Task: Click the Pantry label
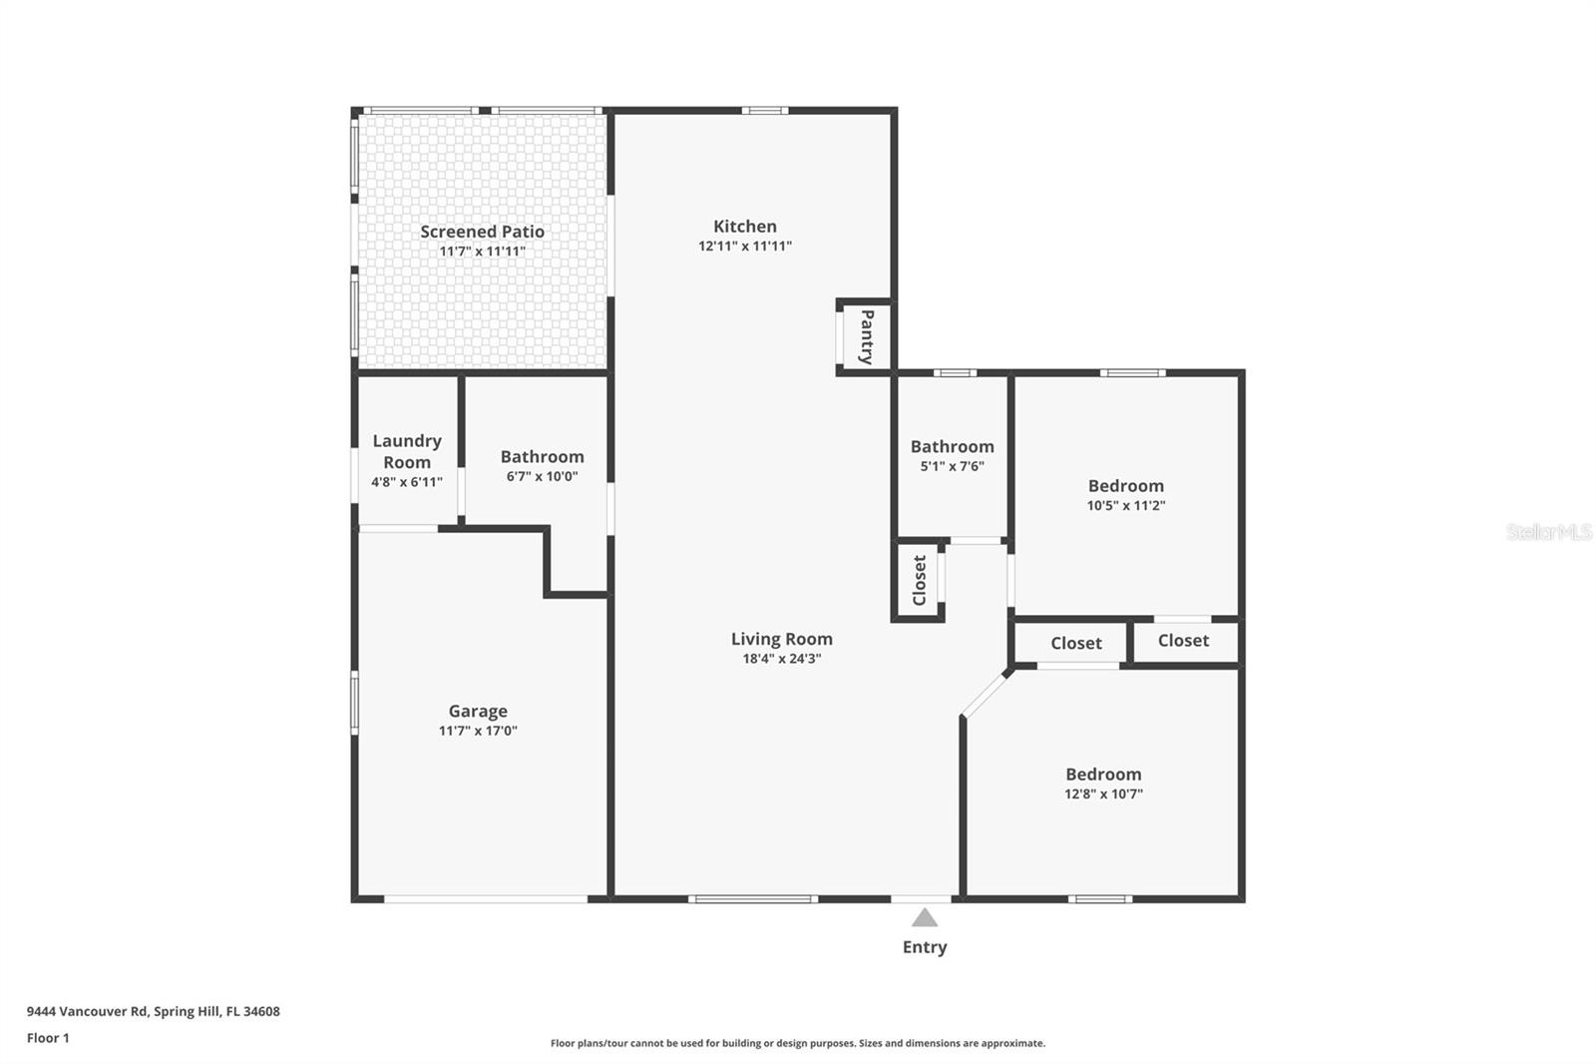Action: tap(866, 336)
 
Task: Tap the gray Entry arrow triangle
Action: tap(925, 917)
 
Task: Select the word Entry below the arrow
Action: tap(925, 947)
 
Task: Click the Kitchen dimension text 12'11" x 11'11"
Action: tap(745, 246)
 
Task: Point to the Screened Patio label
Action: tap(482, 232)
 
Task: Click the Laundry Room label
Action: tap(407, 451)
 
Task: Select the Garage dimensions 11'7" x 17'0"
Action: tap(478, 731)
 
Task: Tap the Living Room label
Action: tap(781, 639)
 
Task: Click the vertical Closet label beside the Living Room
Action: tap(920, 580)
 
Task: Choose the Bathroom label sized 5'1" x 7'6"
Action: tap(952, 446)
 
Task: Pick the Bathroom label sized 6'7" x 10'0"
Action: tap(542, 456)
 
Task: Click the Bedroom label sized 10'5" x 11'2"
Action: tap(1125, 486)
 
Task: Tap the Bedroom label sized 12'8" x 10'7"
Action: tap(1103, 775)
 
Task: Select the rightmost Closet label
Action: tap(1183, 641)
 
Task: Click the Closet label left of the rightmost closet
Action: tap(1075, 644)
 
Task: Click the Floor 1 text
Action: tap(48, 1038)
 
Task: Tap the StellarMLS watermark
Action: tap(1548, 532)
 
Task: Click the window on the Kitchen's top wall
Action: tap(764, 111)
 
